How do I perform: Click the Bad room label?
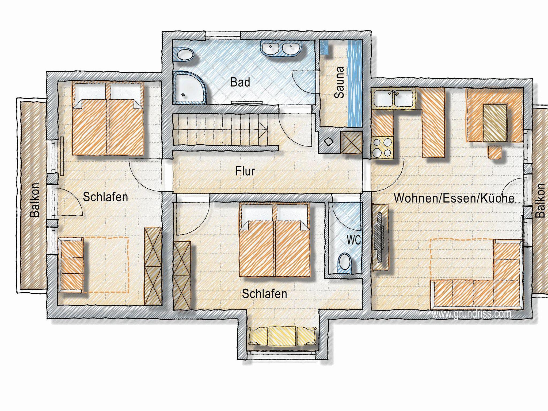[x=240, y=82]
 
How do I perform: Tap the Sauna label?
[x=339, y=83]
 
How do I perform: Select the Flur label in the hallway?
[x=245, y=171]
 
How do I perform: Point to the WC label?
[x=353, y=240]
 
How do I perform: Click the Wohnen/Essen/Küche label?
[x=454, y=198]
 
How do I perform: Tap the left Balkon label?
[x=35, y=200]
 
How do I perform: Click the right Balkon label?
[x=540, y=200]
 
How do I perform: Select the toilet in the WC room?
[x=344, y=263]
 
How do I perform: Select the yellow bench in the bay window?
[x=282, y=336]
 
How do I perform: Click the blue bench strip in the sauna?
[x=355, y=83]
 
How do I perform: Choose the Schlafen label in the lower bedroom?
[x=264, y=294]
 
